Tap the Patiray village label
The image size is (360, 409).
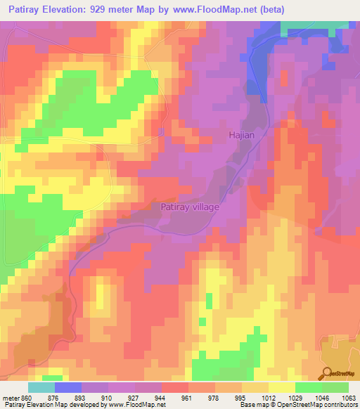[191, 207]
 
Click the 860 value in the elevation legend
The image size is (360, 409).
[27, 397]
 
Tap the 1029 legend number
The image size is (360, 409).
[296, 397]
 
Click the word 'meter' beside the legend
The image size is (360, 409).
[11, 397]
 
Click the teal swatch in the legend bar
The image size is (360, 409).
[41, 387]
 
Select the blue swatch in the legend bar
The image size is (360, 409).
[68, 387]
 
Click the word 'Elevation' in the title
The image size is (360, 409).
[77, 11]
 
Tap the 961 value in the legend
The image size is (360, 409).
[187, 397]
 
